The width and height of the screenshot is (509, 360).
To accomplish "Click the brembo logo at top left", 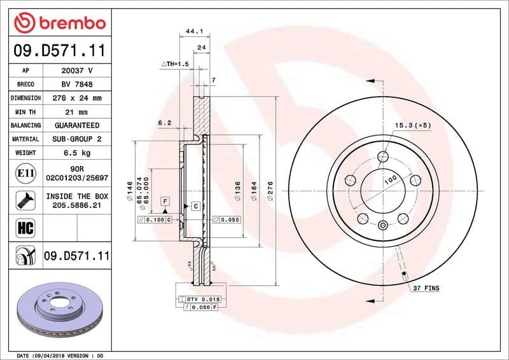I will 59,24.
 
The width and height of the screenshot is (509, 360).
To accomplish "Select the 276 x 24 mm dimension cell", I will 78,98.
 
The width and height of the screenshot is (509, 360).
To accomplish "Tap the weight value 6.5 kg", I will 78,153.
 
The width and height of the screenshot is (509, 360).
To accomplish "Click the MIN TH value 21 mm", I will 78,112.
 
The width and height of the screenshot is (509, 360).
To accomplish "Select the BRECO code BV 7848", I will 78,84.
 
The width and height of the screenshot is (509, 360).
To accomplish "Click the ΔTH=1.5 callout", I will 176,64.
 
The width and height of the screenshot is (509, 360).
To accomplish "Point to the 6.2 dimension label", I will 165,123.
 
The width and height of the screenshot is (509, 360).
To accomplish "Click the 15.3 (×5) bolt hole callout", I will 412,125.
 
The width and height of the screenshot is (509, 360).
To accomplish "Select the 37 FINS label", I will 426,288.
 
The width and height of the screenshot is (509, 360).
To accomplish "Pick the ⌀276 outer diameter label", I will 270,191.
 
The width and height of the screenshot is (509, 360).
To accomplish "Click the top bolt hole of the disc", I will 382,157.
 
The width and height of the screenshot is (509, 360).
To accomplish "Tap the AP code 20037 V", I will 78,71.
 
